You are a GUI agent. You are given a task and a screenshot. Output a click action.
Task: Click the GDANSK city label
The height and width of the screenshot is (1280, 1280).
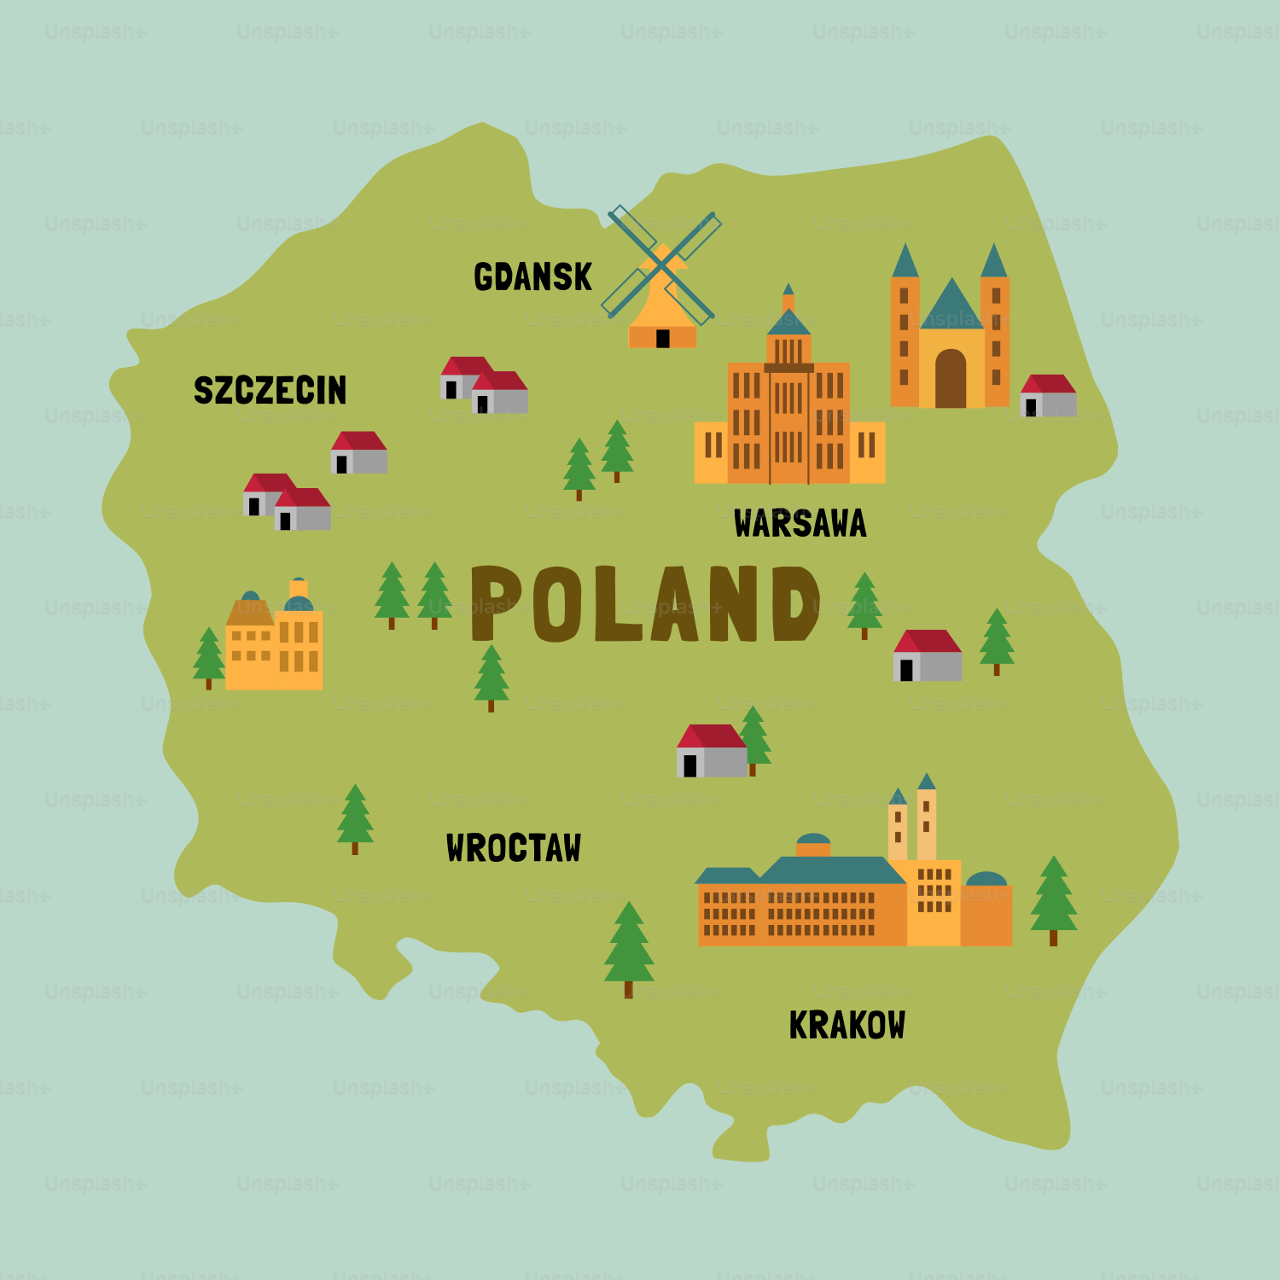point(532,276)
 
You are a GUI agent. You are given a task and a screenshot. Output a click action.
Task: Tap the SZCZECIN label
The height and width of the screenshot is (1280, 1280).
point(270,390)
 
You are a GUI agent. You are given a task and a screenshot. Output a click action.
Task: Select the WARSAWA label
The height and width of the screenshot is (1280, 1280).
point(800,523)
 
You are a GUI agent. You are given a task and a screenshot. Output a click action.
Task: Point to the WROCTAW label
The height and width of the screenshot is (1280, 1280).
point(513,848)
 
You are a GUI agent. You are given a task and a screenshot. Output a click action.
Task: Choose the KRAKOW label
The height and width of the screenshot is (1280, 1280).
point(847,1025)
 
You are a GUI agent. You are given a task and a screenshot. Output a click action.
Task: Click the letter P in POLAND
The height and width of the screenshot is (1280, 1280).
point(496,602)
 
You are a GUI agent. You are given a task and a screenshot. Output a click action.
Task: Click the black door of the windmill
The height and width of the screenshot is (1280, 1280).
point(662,339)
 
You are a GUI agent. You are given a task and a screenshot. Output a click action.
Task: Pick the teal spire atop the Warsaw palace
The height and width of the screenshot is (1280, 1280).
point(788,290)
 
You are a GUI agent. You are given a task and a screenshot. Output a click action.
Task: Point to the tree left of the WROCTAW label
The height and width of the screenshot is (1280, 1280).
point(355,817)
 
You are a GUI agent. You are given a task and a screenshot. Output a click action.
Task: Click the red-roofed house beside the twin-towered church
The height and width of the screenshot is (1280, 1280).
point(1049,395)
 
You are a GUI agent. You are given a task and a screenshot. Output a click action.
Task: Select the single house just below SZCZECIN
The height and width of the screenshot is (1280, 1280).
point(359,452)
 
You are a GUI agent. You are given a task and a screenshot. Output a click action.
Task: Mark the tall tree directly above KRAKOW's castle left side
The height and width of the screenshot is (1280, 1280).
point(629,947)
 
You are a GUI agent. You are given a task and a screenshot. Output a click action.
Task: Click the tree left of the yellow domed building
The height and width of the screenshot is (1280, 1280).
point(208,657)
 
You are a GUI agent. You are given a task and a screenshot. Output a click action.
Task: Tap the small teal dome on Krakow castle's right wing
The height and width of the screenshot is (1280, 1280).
point(986,879)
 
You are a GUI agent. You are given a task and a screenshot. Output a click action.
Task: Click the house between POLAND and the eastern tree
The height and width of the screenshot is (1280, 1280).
point(928,655)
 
